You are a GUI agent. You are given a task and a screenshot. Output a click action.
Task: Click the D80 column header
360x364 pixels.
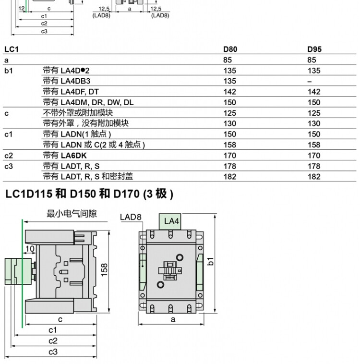pos(230,49)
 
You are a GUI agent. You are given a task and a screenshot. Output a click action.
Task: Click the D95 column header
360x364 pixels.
pos(314,49)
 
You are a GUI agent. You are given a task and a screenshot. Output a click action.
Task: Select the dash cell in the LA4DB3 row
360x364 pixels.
pos(310,82)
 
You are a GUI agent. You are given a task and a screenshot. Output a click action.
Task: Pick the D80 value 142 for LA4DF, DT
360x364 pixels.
pos(230,92)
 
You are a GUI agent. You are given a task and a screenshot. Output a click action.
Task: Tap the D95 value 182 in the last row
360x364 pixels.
pos(314,177)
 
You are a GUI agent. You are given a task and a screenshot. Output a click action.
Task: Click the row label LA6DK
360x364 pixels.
pos(73,156)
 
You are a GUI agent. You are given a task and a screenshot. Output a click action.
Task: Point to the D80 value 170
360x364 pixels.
pos(230,156)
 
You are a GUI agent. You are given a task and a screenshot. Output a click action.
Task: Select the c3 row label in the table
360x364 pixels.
pos(9,166)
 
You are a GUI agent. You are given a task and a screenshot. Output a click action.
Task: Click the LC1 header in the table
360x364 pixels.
pos(12,49)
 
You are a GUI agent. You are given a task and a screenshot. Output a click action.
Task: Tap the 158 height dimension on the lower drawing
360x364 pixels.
pos(105,270)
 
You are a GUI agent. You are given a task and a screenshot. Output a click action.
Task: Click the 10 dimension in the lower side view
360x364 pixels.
pos(30,249)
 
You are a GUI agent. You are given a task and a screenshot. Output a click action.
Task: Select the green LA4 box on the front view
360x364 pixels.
pos(170,222)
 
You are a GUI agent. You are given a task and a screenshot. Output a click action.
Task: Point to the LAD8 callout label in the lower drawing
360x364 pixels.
pos(131,217)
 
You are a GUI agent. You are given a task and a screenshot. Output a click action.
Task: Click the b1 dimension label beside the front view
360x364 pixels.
pos(211,261)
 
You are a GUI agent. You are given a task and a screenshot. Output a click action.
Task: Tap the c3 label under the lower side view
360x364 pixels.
pos(53,352)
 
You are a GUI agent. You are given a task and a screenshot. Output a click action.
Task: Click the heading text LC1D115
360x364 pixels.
pos(28,194)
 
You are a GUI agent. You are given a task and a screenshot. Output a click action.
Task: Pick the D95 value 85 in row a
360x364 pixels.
pos(312,60)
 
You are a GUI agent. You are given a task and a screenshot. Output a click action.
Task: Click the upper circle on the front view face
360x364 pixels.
pos(180,257)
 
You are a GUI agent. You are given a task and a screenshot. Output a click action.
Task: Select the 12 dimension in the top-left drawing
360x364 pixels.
pos(22,8)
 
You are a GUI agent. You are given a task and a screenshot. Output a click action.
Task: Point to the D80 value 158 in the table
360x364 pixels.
pos(230,145)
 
